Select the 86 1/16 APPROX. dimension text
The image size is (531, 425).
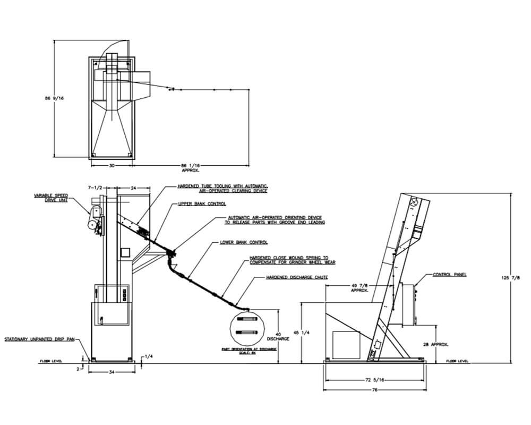click(190, 167)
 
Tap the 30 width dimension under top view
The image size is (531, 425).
click(112, 165)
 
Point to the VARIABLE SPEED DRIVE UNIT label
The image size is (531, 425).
click(52, 197)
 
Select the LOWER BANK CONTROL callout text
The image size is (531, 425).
click(244, 242)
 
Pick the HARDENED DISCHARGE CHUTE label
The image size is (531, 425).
click(297, 278)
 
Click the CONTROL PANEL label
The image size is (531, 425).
click(449, 275)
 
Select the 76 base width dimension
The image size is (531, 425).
click(374, 389)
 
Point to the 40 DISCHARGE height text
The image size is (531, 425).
click(279, 336)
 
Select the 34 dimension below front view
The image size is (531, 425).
click(111, 372)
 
